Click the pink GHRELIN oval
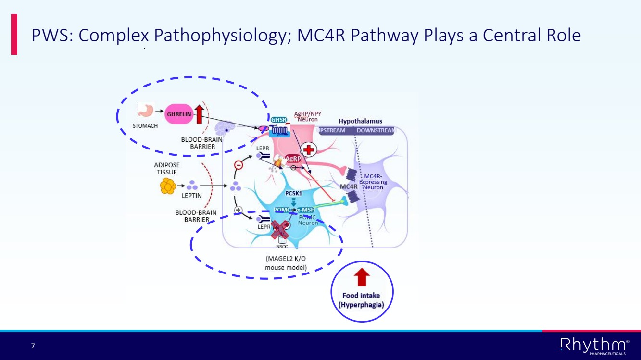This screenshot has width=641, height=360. [x=179, y=114]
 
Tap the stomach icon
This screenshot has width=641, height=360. [x=145, y=110]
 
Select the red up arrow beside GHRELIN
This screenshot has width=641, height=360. [x=200, y=114]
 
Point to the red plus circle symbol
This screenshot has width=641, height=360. [x=309, y=150]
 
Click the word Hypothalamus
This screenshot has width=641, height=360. [x=360, y=121]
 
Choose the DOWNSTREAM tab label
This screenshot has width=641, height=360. [x=375, y=131]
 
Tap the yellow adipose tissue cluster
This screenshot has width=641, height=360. [x=167, y=186]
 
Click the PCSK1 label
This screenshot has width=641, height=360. [x=293, y=193]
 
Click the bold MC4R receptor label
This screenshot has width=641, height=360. [x=348, y=186]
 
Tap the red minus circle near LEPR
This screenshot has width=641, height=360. [x=238, y=165]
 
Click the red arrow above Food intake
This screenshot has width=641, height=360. [x=362, y=277]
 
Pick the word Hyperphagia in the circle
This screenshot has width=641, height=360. [x=361, y=304]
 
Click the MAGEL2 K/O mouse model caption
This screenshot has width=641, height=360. [x=286, y=262]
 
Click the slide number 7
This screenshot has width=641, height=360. [x=33, y=346]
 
